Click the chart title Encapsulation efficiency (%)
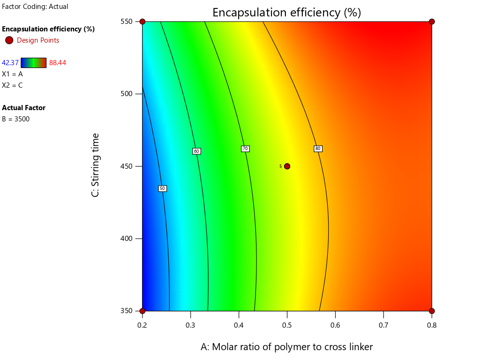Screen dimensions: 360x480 [x=286, y=12]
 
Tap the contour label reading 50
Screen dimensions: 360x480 [x=162, y=188]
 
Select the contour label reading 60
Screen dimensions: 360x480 [x=196, y=151]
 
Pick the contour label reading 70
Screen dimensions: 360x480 [x=245, y=149]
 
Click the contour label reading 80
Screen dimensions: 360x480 [x=318, y=149]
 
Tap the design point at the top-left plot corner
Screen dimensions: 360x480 [x=142, y=22]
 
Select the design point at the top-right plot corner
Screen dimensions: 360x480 [x=432, y=22]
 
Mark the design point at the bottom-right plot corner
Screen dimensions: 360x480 [x=432, y=311]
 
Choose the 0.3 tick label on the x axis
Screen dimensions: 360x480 [x=190, y=325]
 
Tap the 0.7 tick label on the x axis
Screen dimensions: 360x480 [x=383, y=325]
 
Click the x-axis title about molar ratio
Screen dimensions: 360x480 [x=286, y=347]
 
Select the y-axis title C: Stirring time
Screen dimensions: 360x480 [x=96, y=165]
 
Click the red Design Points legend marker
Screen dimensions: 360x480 [x=9, y=40]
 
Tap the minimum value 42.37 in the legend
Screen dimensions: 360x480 [x=10, y=63]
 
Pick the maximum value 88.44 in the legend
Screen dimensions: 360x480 [x=57, y=63]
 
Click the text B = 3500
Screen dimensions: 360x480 [x=15, y=119]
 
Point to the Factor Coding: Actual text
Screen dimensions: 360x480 [x=35, y=7]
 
